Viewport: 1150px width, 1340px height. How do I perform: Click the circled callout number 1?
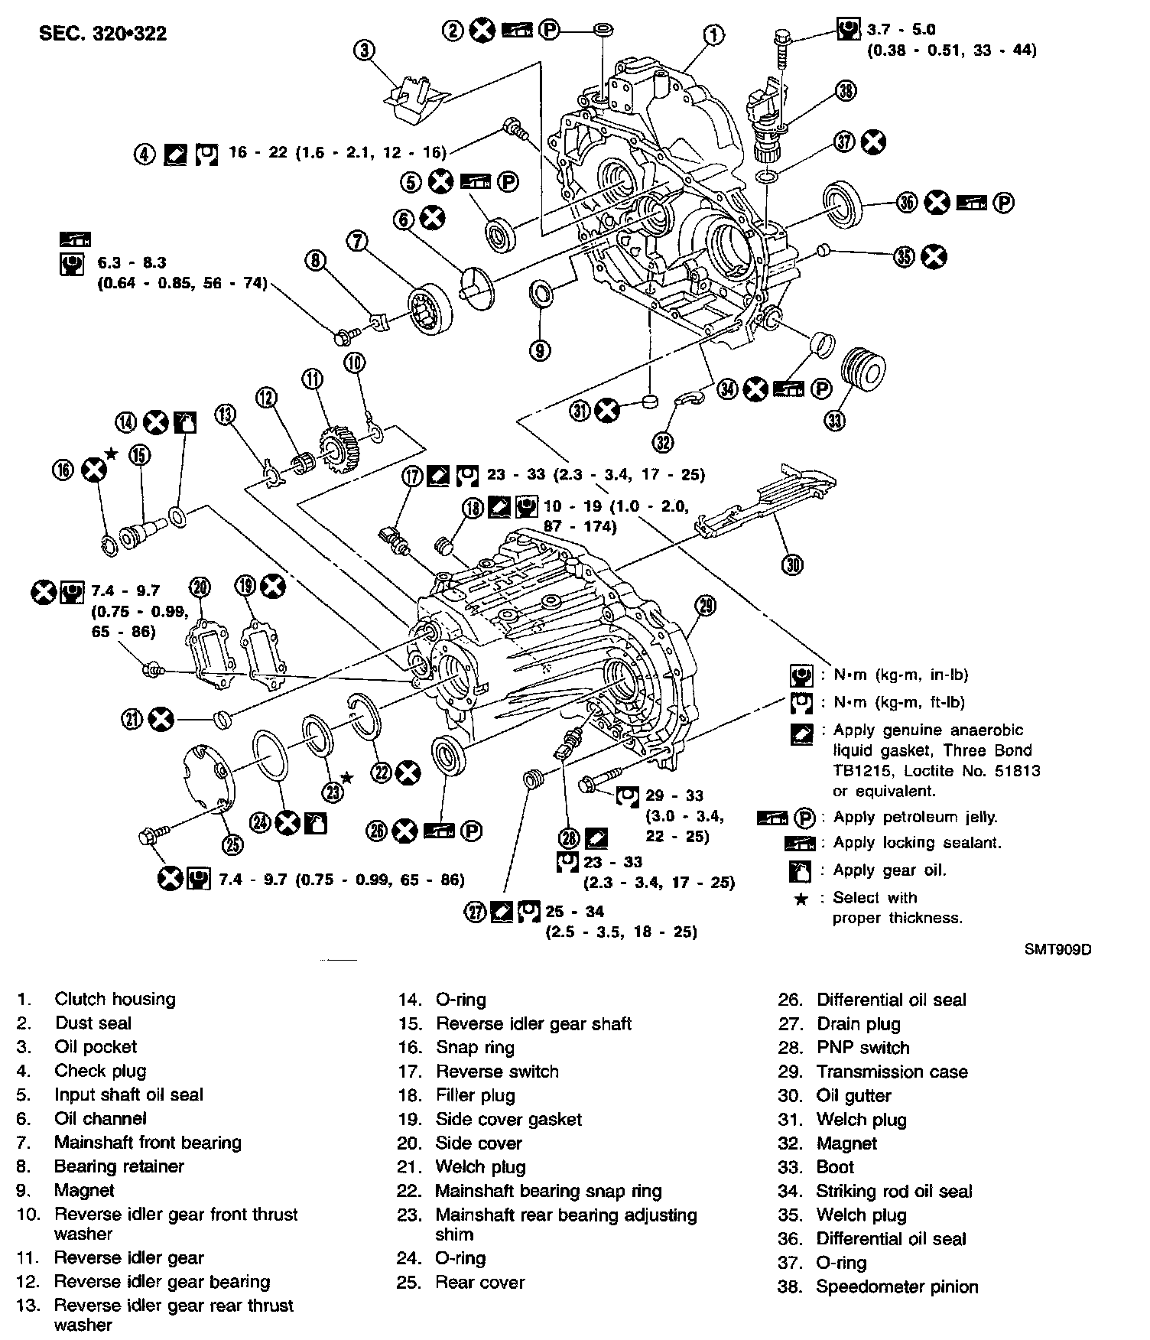[x=713, y=34]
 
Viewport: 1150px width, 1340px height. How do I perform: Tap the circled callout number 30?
[x=792, y=565]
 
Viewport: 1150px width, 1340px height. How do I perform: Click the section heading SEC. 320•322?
[x=102, y=33]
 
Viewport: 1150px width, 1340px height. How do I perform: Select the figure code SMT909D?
[x=1057, y=950]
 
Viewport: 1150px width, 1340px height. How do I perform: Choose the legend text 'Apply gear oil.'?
[x=889, y=870]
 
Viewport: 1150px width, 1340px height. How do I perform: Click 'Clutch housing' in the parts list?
[x=115, y=999]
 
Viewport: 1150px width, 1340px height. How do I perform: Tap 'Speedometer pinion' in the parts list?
[x=897, y=1286]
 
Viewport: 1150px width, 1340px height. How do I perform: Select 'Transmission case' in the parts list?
[x=892, y=1072]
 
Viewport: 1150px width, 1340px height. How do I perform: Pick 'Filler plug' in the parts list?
[x=475, y=1095]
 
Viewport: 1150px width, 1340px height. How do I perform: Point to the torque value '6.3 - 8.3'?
[x=132, y=262]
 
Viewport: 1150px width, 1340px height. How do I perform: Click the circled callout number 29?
[x=706, y=606]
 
